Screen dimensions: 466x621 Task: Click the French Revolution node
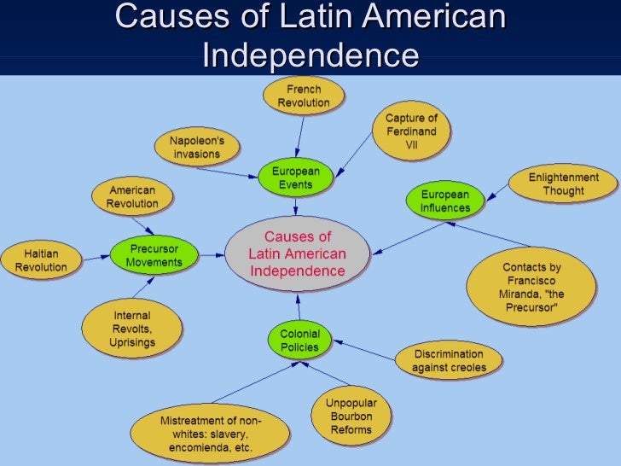point(303,96)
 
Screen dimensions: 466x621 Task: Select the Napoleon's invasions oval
point(196,147)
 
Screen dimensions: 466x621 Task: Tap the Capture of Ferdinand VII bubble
point(411,131)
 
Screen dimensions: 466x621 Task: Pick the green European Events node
point(296,178)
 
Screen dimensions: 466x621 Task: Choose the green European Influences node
point(445,201)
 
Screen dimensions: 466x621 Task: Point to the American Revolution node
point(132,196)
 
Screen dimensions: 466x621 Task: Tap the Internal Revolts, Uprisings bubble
point(132,329)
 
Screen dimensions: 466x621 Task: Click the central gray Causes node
point(297,253)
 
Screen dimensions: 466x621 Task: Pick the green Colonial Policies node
point(299,341)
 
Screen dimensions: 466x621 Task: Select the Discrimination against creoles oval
point(448,361)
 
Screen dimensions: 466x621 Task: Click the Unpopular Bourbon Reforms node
point(351,416)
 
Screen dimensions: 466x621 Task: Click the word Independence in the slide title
point(310,56)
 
